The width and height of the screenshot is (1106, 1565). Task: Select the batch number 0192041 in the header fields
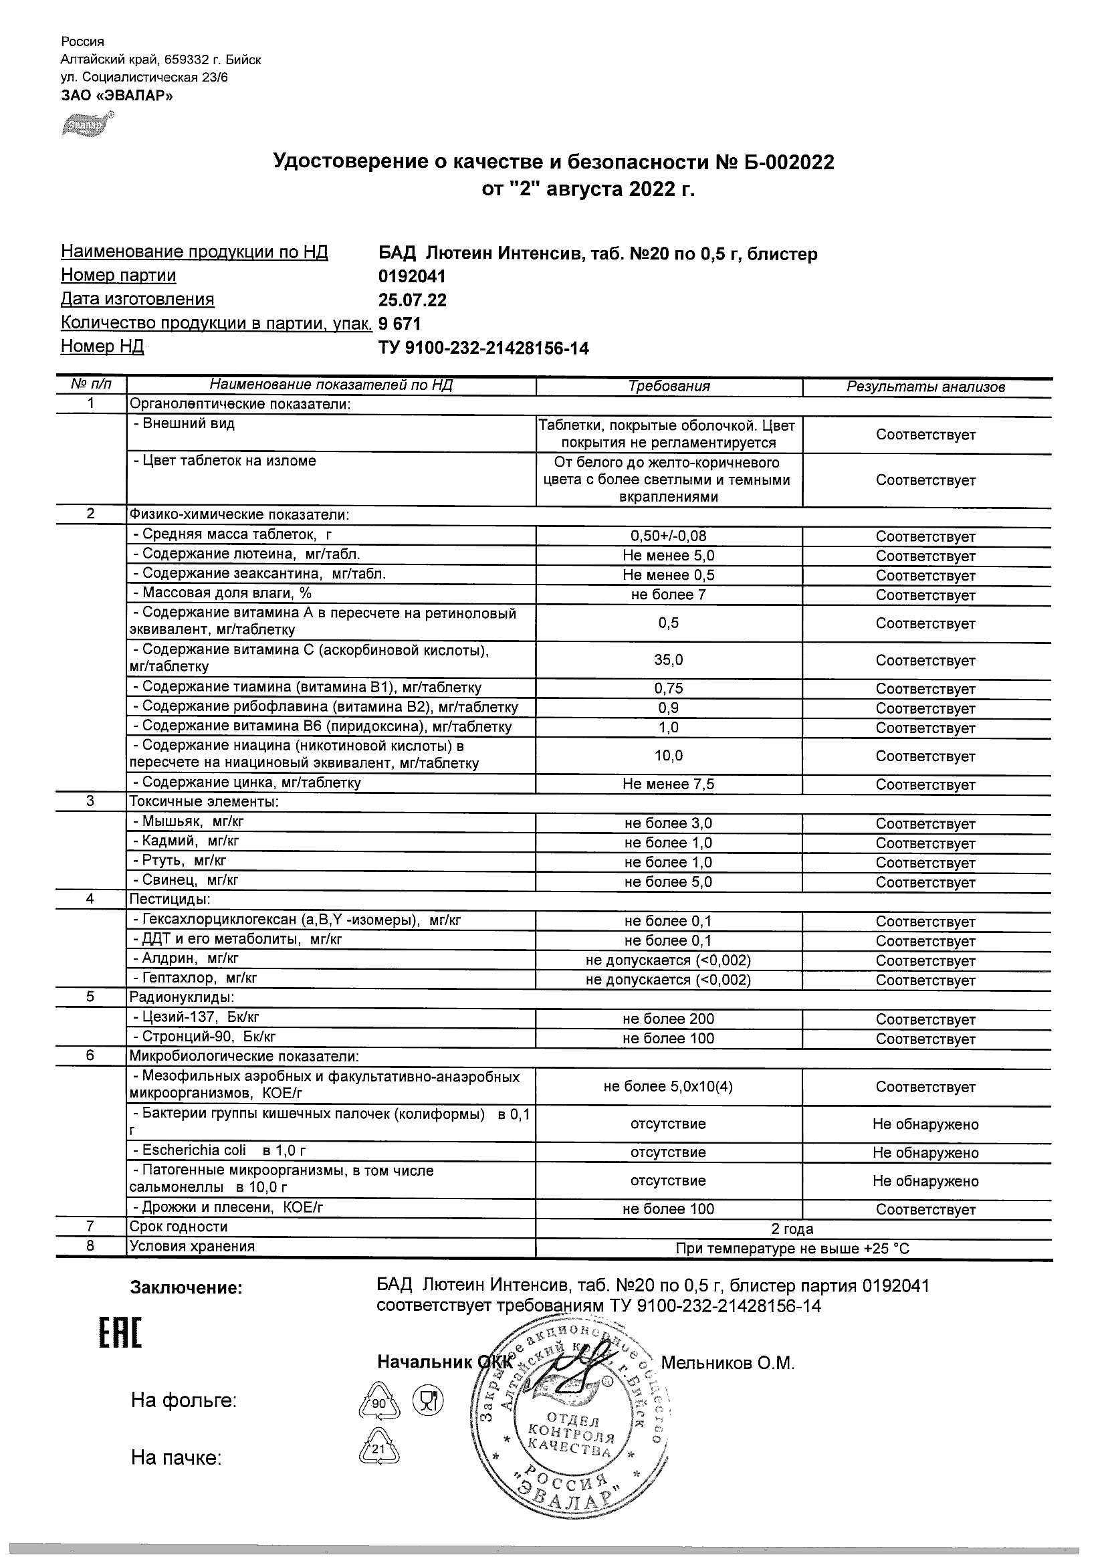pyautogui.click(x=412, y=276)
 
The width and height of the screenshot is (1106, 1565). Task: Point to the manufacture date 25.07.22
pyautogui.click(x=413, y=300)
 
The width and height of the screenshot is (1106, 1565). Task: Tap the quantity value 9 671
pyautogui.click(x=399, y=324)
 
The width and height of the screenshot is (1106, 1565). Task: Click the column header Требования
pyautogui.click(x=669, y=387)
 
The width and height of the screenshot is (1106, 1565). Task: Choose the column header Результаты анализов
pyautogui.click(x=925, y=387)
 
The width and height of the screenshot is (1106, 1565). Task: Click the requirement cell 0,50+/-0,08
pyautogui.click(x=669, y=536)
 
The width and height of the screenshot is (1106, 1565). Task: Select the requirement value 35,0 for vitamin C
pyautogui.click(x=669, y=660)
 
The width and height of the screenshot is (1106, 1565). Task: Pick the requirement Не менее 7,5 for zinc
pyautogui.click(x=669, y=784)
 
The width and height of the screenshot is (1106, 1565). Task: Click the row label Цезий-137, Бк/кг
pyautogui.click(x=201, y=1018)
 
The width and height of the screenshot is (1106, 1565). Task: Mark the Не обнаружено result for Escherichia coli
pyautogui.click(x=925, y=1152)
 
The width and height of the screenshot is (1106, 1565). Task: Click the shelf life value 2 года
pyautogui.click(x=792, y=1229)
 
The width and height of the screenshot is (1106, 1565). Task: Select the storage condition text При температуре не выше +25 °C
pyautogui.click(x=792, y=1249)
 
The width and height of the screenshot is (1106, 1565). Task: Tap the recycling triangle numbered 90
pyautogui.click(x=379, y=1402)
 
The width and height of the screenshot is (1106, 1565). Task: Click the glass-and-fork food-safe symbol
pyautogui.click(x=428, y=1401)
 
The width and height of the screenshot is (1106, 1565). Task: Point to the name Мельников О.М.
pyautogui.click(x=728, y=1362)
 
